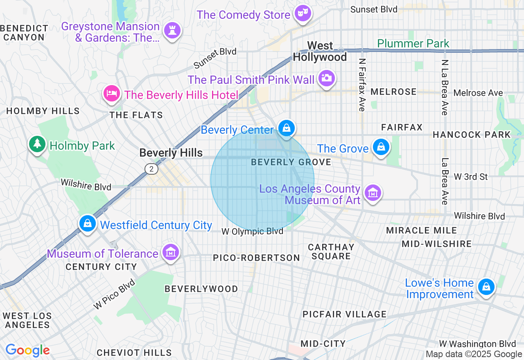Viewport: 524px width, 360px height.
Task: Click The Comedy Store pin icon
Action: tap(303, 13)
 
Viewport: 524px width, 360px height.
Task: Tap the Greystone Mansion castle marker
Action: tap(172, 30)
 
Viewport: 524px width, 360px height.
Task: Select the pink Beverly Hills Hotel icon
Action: tap(111, 93)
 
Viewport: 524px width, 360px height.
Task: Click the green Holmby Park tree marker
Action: tap(37, 143)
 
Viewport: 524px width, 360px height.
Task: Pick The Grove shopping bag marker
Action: tap(381, 146)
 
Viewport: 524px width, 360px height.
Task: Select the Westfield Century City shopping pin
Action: tap(88, 223)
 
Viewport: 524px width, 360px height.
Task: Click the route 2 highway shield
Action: tap(151, 169)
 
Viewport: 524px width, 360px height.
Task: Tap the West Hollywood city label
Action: tap(320, 51)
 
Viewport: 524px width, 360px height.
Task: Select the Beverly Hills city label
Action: tap(171, 153)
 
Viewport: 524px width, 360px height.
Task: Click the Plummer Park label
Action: tap(413, 43)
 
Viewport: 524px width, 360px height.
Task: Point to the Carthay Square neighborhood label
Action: tap(331, 252)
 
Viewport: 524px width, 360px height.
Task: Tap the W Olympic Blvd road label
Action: tap(252, 232)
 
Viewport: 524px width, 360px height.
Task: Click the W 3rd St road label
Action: tap(471, 177)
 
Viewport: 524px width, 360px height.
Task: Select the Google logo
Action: tap(27, 350)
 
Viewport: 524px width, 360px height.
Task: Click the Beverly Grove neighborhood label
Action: tap(291, 162)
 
